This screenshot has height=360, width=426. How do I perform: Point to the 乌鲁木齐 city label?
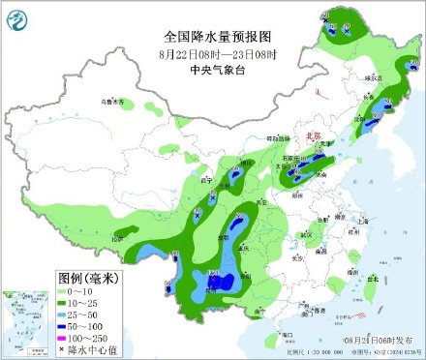tap(115, 101)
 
